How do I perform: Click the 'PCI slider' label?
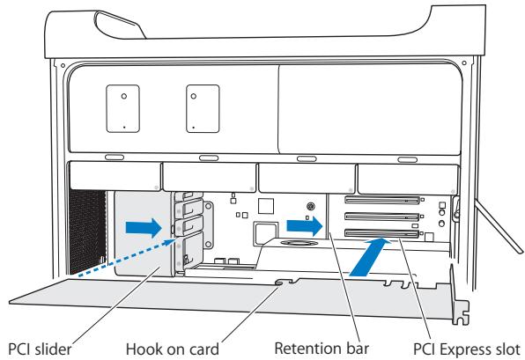(x=40, y=349)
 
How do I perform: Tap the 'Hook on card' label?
(x=173, y=349)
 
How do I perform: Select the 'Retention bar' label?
(x=322, y=349)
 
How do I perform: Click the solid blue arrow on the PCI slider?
(x=144, y=228)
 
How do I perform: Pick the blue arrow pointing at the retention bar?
(x=305, y=226)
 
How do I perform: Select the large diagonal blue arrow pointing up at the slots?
(x=370, y=256)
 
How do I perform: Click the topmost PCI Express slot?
(x=382, y=200)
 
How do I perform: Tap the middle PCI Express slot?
(x=382, y=217)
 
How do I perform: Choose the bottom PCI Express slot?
(x=382, y=233)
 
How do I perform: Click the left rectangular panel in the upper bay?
(x=122, y=108)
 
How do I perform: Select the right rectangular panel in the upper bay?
(x=203, y=108)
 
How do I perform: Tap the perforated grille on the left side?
(x=87, y=231)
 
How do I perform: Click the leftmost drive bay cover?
(x=115, y=176)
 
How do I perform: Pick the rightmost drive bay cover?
(x=408, y=179)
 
